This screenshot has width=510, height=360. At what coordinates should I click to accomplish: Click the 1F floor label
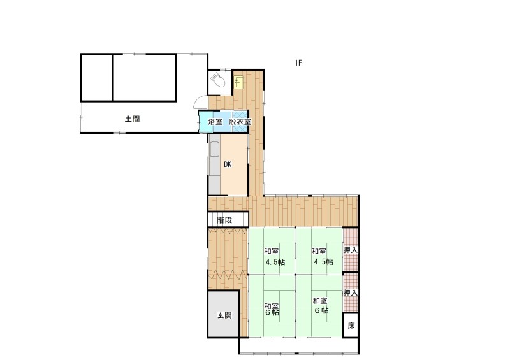[x=298, y=63]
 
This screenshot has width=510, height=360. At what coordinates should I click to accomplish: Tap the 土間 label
[x=133, y=119]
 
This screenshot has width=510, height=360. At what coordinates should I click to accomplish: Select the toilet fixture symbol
[x=217, y=80]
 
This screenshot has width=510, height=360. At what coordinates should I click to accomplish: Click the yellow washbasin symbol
[x=239, y=82]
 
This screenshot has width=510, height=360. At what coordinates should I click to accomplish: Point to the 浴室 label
[x=215, y=122]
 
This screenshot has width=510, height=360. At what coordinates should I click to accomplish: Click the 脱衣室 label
[x=240, y=122]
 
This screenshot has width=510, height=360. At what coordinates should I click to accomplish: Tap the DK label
[x=228, y=164]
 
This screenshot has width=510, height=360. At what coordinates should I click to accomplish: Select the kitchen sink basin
[x=215, y=150]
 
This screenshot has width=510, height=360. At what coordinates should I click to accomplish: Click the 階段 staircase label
[x=224, y=220]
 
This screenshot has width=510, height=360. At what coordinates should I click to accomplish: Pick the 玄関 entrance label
[x=224, y=315]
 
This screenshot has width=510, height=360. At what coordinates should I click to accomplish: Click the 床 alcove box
[x=351, y=325]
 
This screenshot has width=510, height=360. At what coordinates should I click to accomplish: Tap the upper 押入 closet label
[x=351, y=250]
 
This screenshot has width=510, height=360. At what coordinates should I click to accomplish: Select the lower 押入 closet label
[x=351, y=292]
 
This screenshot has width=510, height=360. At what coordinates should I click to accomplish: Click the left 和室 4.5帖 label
[x=274, y=256]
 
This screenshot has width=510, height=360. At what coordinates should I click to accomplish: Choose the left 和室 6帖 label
[x=272, y=309]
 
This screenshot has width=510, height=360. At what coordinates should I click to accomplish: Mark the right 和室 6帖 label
[x=321, y=305]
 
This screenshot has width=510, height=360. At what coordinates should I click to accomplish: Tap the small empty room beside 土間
[x=97, y=78]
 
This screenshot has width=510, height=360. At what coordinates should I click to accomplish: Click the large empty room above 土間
[x=145, y=78]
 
